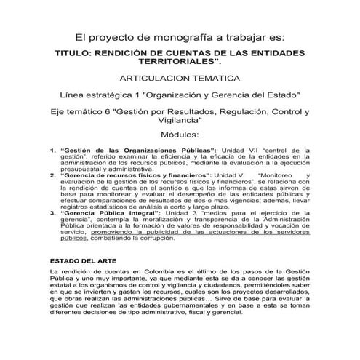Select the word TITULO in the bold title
point(73,54)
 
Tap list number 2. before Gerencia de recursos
point(52,175)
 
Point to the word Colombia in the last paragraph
point(143,271)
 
